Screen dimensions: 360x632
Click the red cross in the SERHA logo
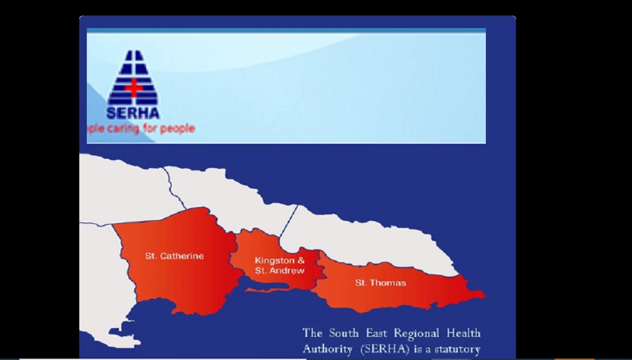(133, 87)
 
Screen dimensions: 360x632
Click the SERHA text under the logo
(132, 114)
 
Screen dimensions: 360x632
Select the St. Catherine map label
(174, 256)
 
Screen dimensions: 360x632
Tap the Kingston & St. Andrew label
(279, 266)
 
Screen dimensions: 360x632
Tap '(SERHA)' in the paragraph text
(384, 349)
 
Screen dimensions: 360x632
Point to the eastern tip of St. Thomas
(482, 293)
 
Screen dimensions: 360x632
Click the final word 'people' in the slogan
(177, 129)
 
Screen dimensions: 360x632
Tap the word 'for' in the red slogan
(150, 129)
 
